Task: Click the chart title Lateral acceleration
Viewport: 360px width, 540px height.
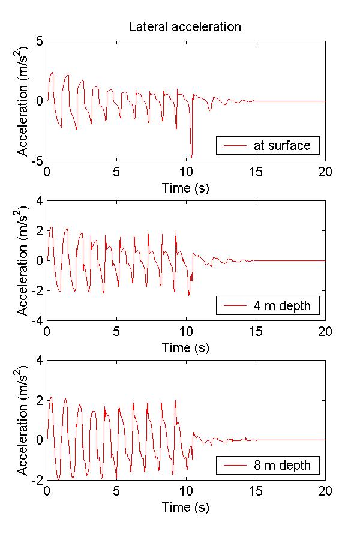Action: [185, 27]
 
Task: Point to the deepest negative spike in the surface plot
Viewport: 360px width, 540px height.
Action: [191, 156]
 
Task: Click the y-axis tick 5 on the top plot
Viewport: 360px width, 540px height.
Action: [39, 41]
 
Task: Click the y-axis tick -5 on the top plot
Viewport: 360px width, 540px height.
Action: [37, 161]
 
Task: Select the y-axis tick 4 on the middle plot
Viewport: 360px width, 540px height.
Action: [39, 201]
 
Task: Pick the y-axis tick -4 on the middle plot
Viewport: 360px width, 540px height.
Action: [37, 321]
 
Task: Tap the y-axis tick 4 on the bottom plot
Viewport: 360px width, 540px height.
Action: [39, 361]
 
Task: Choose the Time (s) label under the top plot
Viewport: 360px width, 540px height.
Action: [185, 188]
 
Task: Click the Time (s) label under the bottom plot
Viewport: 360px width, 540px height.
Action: [185, 507]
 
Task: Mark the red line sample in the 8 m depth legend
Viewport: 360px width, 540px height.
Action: [235, 465]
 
